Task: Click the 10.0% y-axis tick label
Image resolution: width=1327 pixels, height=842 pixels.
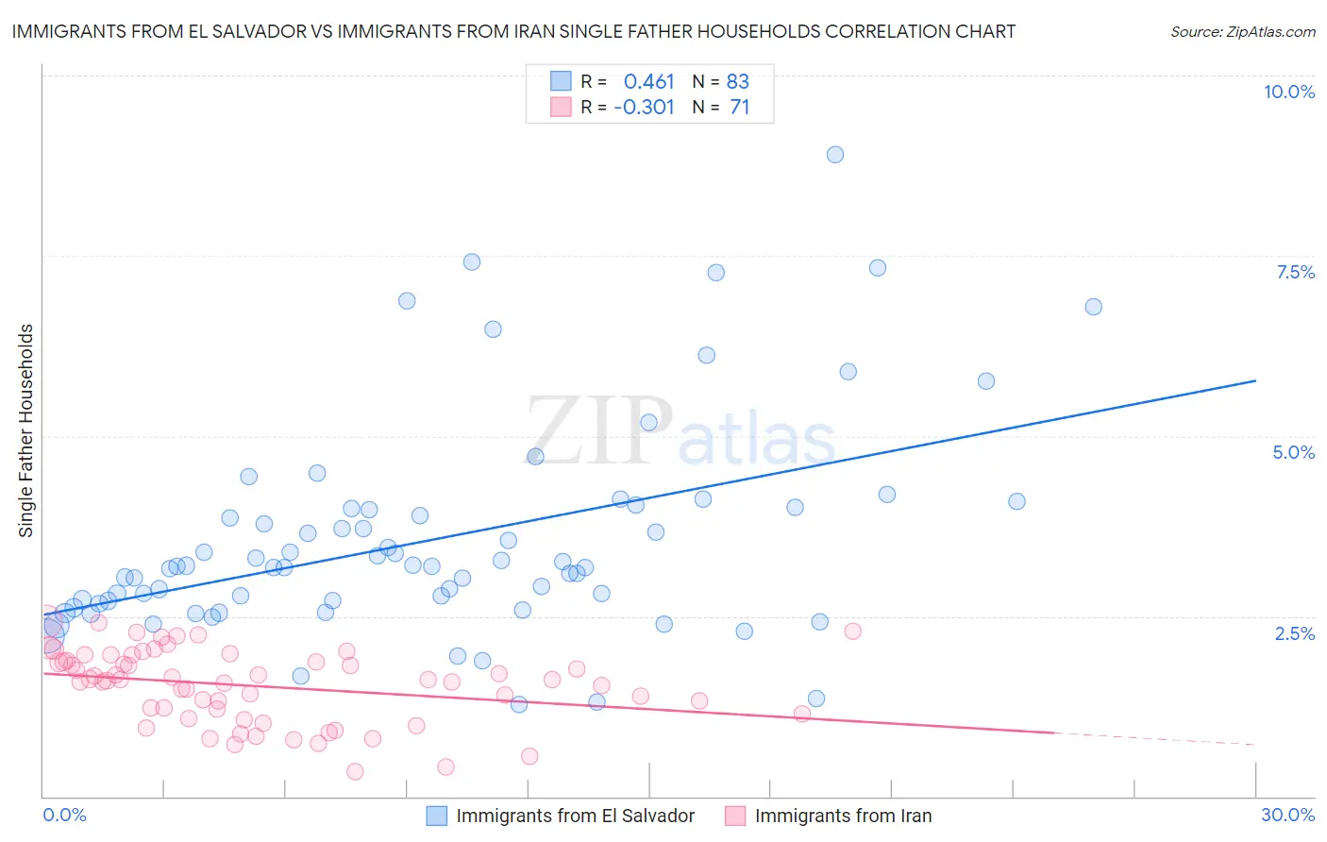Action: click(x=1288, y=92)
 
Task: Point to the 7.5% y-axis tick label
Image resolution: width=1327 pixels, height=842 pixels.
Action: click(x=1295, y=272)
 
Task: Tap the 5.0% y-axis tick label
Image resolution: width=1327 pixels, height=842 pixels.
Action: click(x=1293, y=452)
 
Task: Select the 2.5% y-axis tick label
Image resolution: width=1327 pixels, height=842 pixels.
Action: click(x=1294, y=633)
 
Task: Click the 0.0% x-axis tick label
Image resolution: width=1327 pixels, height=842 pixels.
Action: click(x=64, y=815)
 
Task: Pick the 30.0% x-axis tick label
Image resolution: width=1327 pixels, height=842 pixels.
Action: click(x=1287, y=815)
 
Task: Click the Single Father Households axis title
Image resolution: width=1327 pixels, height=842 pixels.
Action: click(x=26, y=430)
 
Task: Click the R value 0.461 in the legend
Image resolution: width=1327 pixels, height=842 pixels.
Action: click(x=649, y=81)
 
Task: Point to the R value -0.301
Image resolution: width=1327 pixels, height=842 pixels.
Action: click(x=644, y=108)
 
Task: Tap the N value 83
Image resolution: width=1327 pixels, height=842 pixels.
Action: click(x=738, y=81)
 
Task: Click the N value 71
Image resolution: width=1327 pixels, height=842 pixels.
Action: click(x=740, y=108)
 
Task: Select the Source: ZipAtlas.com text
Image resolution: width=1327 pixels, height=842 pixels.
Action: click(x=1242, y=32)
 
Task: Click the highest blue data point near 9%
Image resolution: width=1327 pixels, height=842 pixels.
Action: click(x=835, y=155)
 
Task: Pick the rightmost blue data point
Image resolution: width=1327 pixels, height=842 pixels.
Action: click(x=1094, y=307)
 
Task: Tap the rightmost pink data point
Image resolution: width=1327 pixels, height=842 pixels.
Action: click(x=853, y=631)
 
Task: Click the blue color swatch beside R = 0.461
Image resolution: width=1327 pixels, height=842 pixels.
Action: click(x=561, y=81)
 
